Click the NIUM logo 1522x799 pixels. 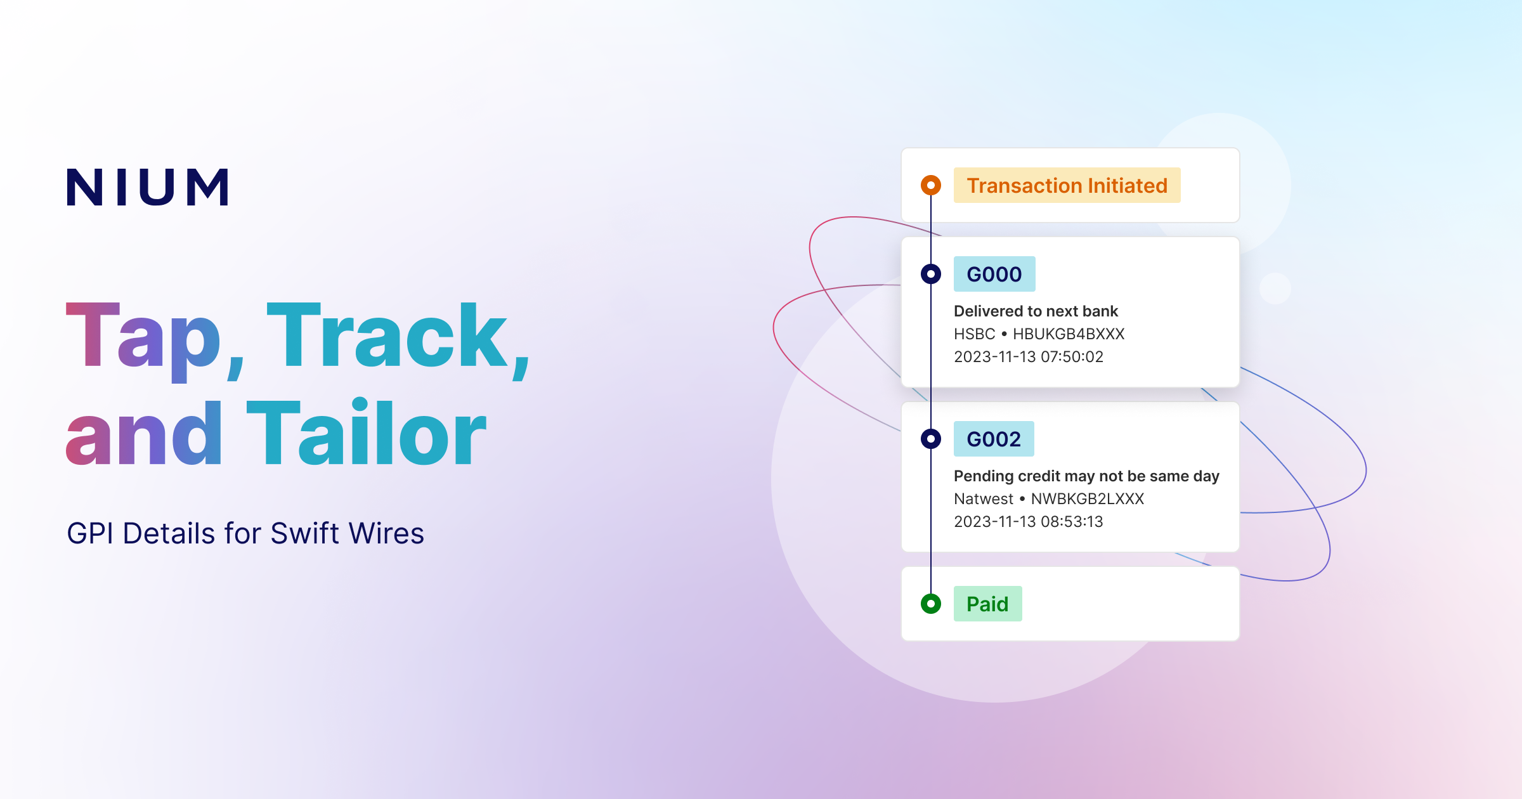click(x=148, y=187)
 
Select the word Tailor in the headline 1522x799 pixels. click(x=367, y=434)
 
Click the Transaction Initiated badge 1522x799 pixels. click(x=1067, y=185)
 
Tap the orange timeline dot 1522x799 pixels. click(x=931, y=185)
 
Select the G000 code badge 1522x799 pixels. click(x=994, y=274)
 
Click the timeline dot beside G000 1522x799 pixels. click(x=931, y=274)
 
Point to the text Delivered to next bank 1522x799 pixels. click(x=1036, y=311)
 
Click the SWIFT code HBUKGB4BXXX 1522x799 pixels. click(x=1069, y=334)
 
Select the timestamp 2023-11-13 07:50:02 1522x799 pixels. click(x=1029, y=357)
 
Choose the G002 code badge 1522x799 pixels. click(x=994, y=439)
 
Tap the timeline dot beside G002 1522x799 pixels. click(x=931, y=439)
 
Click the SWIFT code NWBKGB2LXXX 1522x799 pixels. click(x=1088, y=499)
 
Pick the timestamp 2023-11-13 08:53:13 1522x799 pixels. click(x=1029, y=522)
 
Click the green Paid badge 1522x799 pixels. click(x=987, y=604)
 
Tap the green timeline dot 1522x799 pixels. click(x=931, y=604)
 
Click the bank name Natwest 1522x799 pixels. click(x=984, y=499)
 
